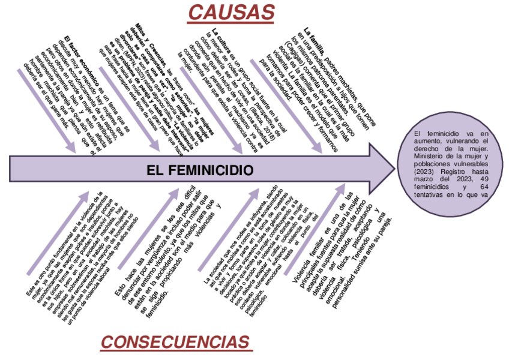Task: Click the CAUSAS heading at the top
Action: pyautogui.click(x=232, y=11)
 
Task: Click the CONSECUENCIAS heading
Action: pyautogui.click(x=175, y=343)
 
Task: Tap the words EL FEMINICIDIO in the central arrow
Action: pyautogui.click(x=200, y=171)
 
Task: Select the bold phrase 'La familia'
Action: pyautogui.click(x=315, y=32)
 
